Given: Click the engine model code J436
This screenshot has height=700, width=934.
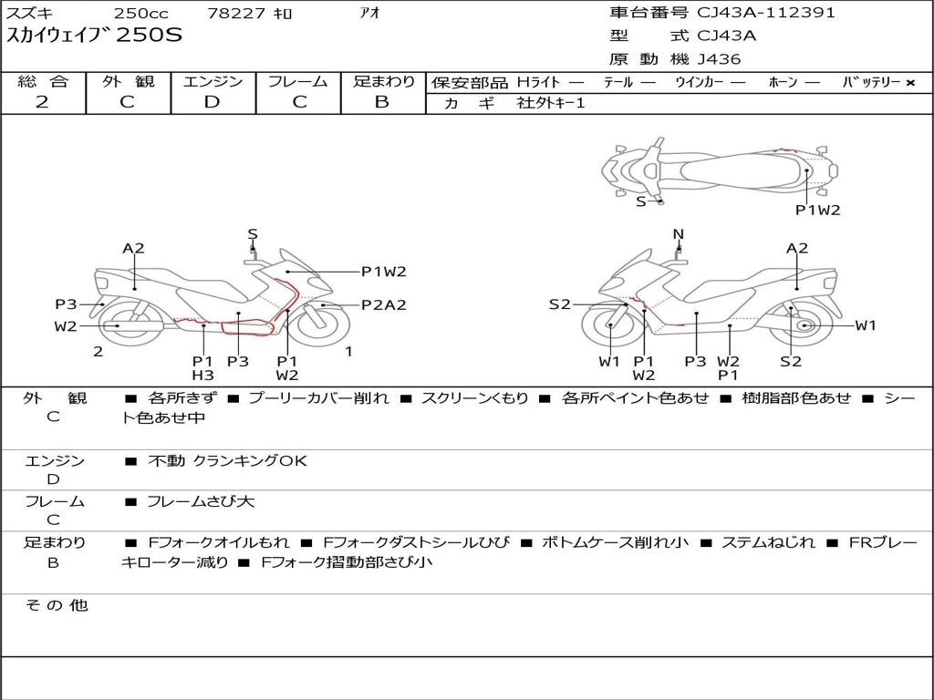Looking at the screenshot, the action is click(719, 59).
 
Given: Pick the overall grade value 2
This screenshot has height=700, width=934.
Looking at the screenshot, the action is click(42, 102).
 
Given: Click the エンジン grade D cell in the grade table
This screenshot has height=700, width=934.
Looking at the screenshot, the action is click(213, 102).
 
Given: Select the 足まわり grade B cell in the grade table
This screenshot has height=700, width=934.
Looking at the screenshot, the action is click(382, 102).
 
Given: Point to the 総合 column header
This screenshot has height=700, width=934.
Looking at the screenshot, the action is click(43, 82).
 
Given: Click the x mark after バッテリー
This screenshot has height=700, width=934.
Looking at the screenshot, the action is click(909, 83).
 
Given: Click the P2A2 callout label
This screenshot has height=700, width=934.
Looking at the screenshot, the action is click(383, 305).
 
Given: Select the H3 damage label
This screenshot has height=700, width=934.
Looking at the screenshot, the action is click(202, 375).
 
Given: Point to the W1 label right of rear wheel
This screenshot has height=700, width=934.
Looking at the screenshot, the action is click(865, 325).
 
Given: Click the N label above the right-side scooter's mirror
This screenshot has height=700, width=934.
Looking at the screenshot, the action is click(678, 234).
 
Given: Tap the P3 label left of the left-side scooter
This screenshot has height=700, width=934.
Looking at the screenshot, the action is click(66, 304).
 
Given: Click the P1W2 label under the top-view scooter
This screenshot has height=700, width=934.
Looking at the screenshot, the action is click(817, 210).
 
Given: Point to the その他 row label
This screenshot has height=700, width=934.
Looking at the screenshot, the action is click(56, 605).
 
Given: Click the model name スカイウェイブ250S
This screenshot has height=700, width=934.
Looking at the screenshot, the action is click(95, 36).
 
